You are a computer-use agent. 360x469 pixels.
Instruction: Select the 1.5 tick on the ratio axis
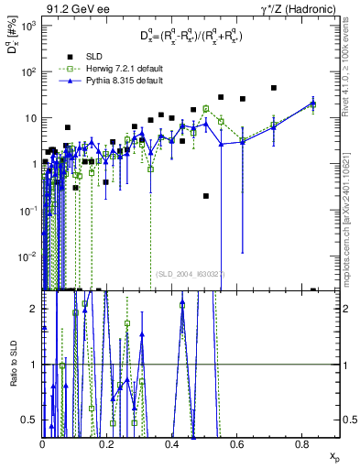tap(33, 309)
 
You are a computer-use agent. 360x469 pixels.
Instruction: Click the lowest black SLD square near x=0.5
tap(206, 196)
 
